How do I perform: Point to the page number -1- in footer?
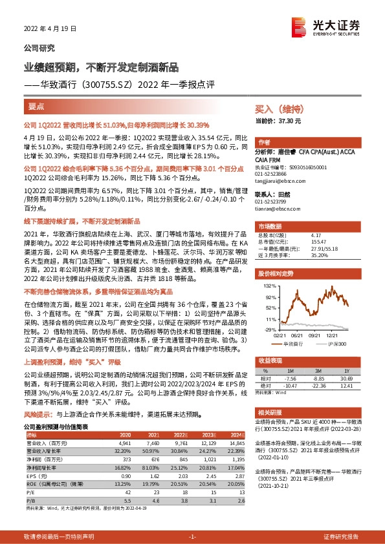[x=192, y=536]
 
